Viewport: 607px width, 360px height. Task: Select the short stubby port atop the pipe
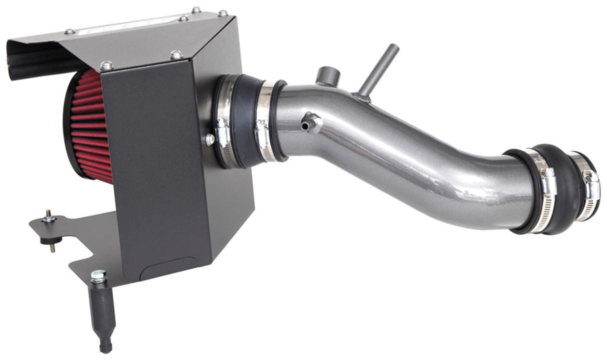click(x=328, y=76)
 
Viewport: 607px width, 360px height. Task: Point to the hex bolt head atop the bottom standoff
click(x=98, y=276)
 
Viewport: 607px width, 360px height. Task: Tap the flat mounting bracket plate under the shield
click(x=85, y=245)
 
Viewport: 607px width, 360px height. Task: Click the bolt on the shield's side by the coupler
click(x=210, y=140)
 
